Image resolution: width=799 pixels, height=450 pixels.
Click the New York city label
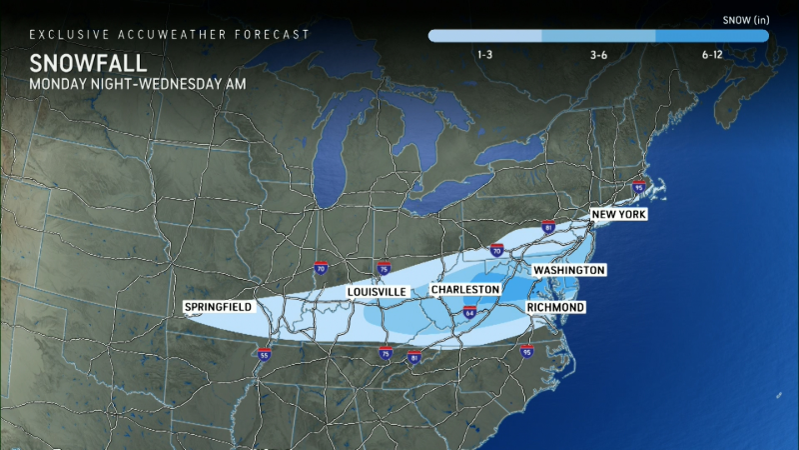(x=619, y=215)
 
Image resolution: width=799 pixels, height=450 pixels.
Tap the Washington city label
(x=569, y=270)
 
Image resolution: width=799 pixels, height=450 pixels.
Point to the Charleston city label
(x=464, y=289)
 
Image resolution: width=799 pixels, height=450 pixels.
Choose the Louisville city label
(x=377, y=291)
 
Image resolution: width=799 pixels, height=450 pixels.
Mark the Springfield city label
(x=218, y=306)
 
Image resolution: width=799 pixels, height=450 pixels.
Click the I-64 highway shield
(x=468, y=312)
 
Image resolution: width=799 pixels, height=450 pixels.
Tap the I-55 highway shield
(x=264, y=353)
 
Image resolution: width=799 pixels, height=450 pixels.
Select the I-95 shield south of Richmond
(x=526, y=351)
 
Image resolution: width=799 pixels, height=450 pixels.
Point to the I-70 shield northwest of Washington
(x=496, y=249)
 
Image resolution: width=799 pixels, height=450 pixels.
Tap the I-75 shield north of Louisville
(x=385, y=268)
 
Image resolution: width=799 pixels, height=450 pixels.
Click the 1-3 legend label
(x=484, y=55)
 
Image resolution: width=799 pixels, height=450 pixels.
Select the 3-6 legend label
(x=599, y=55)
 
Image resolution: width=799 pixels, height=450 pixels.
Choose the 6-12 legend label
(x=712, y=55)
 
